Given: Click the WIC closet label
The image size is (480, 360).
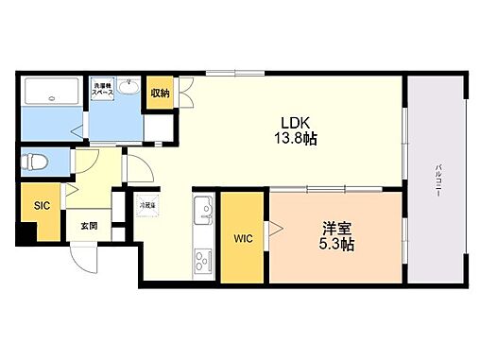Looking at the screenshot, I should click(x=242, y=240).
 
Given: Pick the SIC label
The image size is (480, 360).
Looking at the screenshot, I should click(x=43, y=205).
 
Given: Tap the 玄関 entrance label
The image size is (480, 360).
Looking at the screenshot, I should click(x=89, y=226).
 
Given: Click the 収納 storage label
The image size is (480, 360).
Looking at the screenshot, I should click(x=159, y=93).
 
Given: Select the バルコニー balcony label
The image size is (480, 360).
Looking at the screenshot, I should click(x=439, y=176).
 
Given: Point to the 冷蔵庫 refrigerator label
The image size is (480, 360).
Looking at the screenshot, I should click(x=149, y=203).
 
